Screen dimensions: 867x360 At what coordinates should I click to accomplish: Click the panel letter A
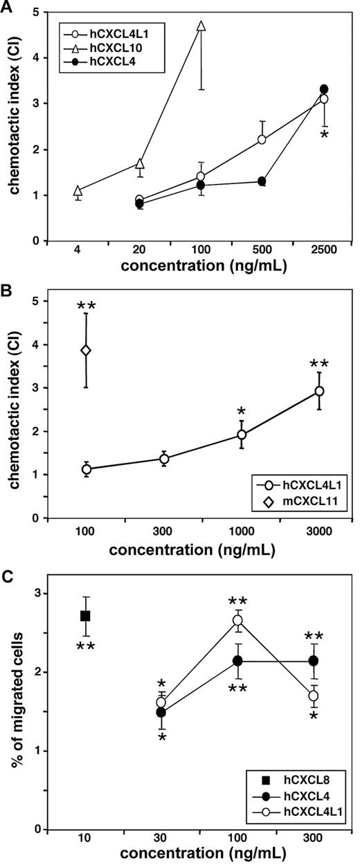(8, 6)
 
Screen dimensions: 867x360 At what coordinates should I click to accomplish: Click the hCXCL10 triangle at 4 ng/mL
(78, 190)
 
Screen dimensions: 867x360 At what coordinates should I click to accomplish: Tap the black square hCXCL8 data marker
(86, 616)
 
